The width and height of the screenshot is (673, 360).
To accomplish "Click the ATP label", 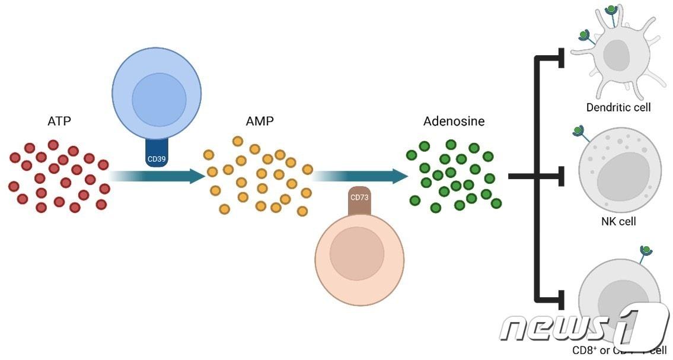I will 59,122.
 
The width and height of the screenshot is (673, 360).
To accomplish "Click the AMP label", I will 260,121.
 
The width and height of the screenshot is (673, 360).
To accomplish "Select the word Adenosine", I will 454,121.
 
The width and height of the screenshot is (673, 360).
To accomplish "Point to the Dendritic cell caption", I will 618,107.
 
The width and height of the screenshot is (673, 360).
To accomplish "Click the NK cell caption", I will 618,221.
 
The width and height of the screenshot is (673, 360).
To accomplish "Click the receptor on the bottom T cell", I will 646,251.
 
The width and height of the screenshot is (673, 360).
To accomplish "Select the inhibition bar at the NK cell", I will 562,176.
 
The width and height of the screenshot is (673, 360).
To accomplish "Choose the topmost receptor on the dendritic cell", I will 611,10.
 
